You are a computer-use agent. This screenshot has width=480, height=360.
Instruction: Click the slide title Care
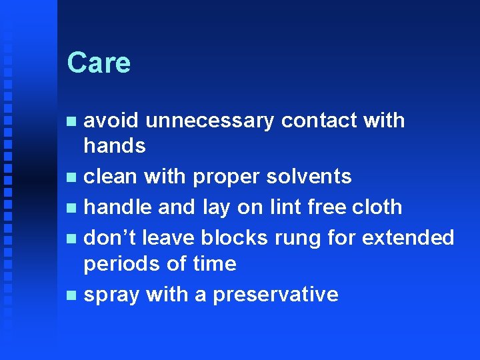click(99, 63)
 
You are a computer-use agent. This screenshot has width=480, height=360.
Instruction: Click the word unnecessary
click(209, 121)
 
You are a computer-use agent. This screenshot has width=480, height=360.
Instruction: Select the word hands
click(114, 145)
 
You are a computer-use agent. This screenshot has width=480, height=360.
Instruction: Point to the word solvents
click(309, 177)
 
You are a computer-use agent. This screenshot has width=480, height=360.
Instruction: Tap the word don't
click(109, 237)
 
